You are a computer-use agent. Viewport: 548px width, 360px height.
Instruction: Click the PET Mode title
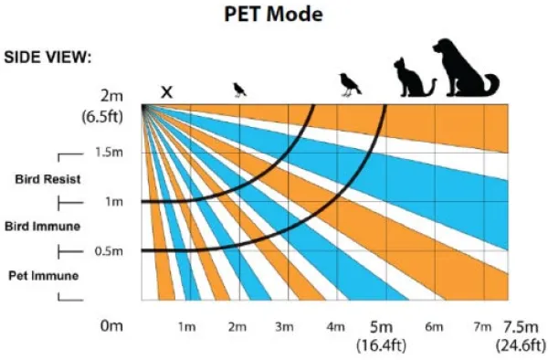[273, 15]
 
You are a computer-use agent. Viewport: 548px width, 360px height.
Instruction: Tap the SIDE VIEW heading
[47, 57]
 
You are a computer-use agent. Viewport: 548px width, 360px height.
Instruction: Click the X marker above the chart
[167, 92]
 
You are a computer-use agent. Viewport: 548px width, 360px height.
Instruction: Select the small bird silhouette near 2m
[239, 90]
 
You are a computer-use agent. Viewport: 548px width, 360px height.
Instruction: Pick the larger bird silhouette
[350, 85]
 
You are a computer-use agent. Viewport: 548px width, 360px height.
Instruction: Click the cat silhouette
[415, 78]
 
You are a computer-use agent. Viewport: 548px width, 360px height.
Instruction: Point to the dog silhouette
[465, 68]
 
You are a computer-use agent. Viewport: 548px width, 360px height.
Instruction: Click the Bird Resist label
[47, 179]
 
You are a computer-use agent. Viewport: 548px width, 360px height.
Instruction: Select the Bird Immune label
[43, 227]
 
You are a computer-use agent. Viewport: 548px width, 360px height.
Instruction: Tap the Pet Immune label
[44, 276]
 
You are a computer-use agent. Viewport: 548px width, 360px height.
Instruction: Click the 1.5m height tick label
[109, 153]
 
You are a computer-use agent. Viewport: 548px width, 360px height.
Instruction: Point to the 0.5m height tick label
[109, 251]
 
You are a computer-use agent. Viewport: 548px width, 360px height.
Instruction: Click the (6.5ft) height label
[102, 116]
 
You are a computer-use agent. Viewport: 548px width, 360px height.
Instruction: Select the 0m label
[111, 326]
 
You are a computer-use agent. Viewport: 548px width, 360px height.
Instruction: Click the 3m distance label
[284, 327]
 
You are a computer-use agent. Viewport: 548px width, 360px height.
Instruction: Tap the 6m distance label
[434, 327]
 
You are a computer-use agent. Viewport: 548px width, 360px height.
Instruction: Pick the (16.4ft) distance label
[381, 345]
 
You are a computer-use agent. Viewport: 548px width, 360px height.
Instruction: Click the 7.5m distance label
[521, 327]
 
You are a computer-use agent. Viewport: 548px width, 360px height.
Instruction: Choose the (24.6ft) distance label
[521, 345]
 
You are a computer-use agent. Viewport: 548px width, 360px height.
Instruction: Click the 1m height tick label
[114, 202]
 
